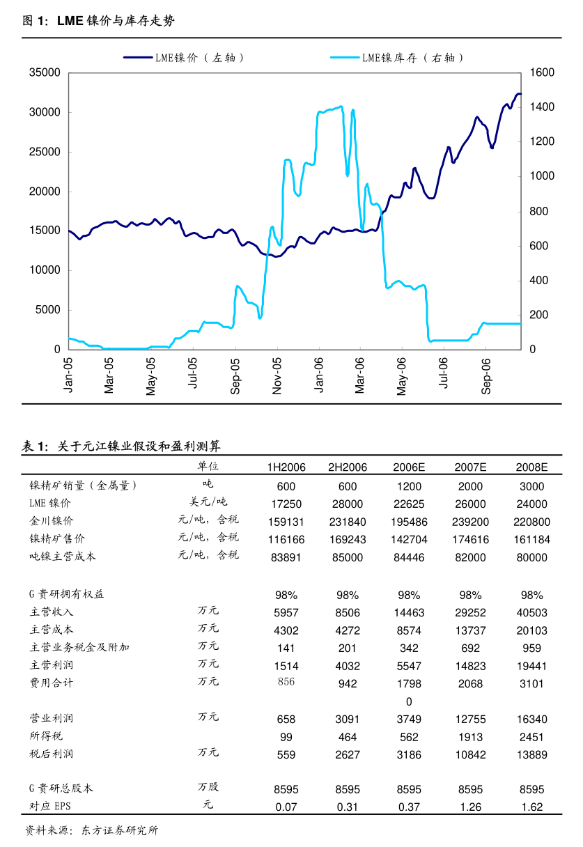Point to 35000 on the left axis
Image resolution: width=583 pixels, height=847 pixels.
point(45,72)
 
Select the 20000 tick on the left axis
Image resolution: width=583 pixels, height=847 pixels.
point(45,192)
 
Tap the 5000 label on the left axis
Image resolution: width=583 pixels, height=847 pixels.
point(47,310)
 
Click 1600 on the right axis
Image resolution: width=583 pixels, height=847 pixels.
point(542,72)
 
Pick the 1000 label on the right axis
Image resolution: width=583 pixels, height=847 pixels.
point(542,176)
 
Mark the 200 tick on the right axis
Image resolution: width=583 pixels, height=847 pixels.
point(539,315)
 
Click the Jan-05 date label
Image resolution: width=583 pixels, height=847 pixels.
point(68,374)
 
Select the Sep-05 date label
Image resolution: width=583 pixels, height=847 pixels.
point(235,375)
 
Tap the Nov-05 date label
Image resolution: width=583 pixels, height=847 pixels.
point(277,375)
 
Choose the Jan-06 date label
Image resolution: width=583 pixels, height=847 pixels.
point(319,374)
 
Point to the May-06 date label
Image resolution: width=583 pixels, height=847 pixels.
point(402,376)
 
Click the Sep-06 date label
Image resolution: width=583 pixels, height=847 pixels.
point(486,375)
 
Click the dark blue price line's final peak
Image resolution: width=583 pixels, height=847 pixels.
point(518,93)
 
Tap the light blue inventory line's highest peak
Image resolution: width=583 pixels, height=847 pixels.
point(341,107)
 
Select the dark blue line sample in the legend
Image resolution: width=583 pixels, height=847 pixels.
point(139,58)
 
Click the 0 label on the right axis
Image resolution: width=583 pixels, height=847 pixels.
point(534,350)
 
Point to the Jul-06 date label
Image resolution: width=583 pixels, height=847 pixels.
point(444,373)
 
